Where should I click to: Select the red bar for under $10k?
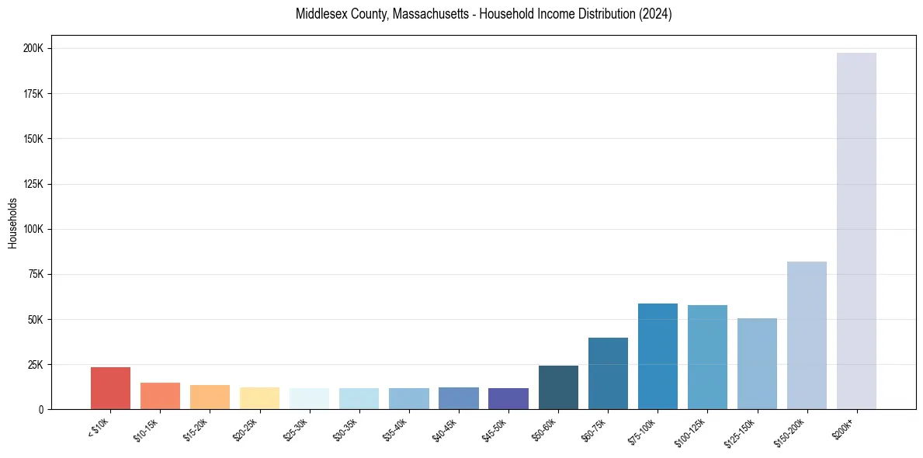(x=110, y=388)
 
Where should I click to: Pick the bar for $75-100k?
(x=658, y=356)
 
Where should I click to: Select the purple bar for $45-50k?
(x=508, y=398)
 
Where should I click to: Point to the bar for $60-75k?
(x=608, y=373)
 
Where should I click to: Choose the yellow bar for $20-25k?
(x=259, y=398)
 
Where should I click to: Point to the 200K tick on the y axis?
(x=34, y=48)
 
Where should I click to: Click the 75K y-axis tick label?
(x=36, y=274)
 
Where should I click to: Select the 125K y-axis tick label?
(x=34, y=184)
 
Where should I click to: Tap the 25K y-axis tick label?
(x=36, y=364)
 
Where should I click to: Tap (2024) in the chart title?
(x=653, y=14)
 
